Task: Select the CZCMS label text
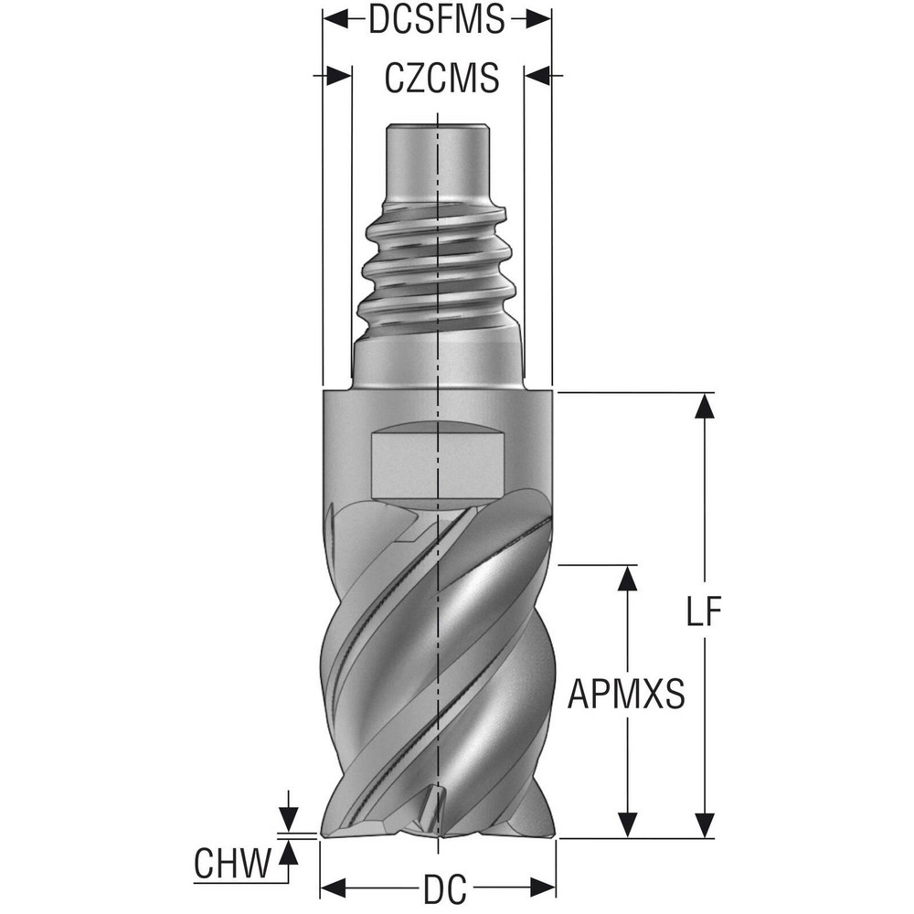(x=441, y=79)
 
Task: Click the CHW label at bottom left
(x=233, y=863)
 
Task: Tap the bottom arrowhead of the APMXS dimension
(x=626, y=826)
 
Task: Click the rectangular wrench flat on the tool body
(x=437, y=464)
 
